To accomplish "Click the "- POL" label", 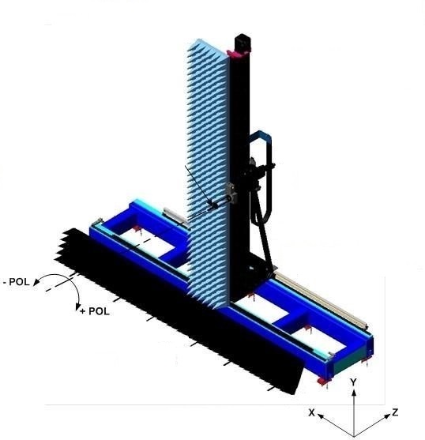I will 17,281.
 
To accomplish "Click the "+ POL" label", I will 95,311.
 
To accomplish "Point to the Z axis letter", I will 394,412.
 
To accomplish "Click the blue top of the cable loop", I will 261,136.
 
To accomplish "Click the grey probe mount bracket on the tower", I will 232,192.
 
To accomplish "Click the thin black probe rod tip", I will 186,168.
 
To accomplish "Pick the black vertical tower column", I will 240,158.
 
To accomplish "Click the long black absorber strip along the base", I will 158,316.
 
